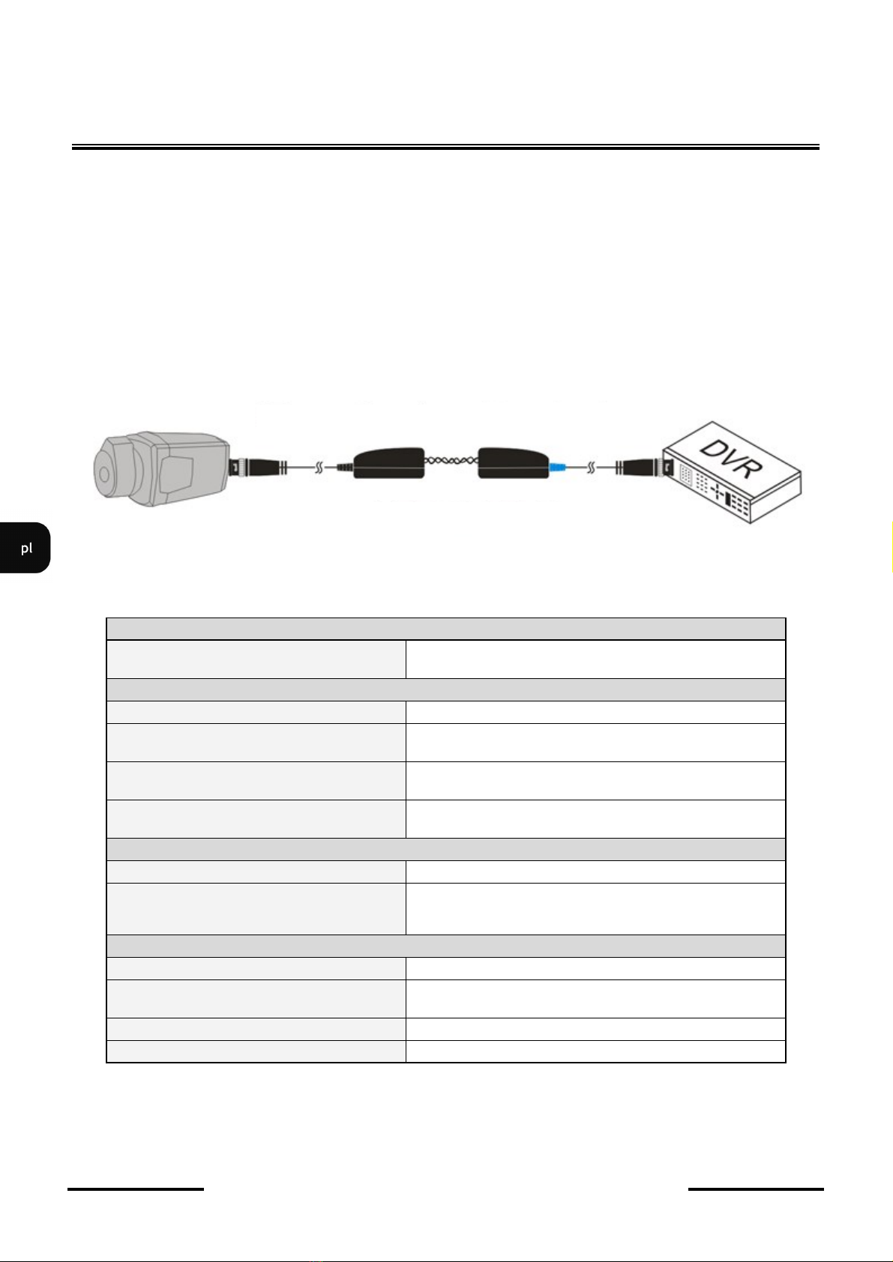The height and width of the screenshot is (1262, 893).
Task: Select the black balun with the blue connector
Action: [513, 464]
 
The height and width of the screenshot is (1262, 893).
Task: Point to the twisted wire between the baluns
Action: [451, 462]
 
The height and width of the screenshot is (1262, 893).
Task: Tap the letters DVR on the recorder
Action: [730, 459]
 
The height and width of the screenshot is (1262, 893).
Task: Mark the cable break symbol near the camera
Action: [319, 467]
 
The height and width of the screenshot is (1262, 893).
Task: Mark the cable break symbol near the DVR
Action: [591, 468]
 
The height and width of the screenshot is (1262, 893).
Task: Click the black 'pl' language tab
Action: [25, 548]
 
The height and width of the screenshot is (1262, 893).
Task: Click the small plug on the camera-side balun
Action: [345, 467]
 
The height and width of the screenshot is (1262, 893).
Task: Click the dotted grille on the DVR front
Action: [685, 475]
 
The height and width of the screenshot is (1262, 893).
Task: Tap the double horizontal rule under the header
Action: [445, 147]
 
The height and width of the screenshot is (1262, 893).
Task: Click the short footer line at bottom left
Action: [135, 1189]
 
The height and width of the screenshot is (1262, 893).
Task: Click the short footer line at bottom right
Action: [756, 1189]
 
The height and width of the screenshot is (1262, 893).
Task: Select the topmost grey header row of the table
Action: [446, 629]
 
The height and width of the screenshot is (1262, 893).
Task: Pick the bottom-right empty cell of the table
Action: [595, 1051]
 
